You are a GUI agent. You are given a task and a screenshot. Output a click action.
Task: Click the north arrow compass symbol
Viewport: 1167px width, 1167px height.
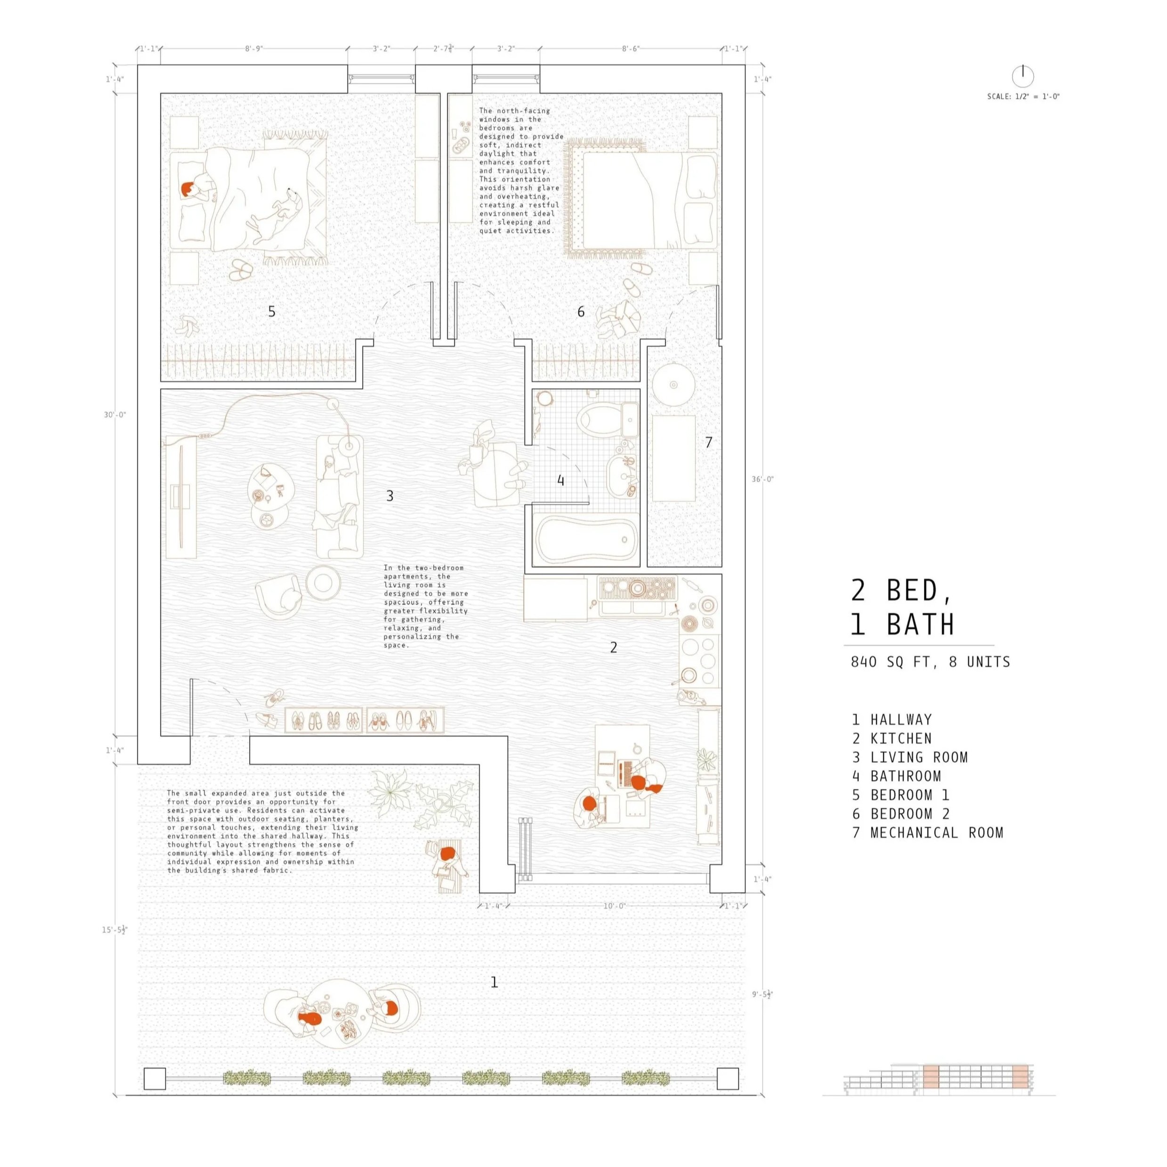click(1022, 76)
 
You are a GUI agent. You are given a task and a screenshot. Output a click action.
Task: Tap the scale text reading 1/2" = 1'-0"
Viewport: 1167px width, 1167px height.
click(1023, 97)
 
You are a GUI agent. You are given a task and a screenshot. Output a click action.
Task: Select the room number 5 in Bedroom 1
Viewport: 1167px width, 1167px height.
click(272, 311)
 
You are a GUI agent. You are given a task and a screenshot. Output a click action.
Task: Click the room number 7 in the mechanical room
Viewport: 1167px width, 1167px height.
click(708, 442)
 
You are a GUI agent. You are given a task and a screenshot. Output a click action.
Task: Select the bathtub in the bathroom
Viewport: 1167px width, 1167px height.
click(586, 539)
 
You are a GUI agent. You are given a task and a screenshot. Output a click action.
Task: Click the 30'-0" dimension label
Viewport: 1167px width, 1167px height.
click(115, 415)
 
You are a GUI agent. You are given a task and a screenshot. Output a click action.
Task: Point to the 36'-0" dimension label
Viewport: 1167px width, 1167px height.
click(762, 479)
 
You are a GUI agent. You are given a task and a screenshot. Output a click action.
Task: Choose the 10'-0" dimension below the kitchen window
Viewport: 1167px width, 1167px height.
click(614, 906)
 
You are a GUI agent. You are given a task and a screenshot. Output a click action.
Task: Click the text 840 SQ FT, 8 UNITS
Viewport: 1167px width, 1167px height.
click(930, 662)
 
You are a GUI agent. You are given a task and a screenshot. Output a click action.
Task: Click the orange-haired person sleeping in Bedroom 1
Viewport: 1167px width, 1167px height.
click(188, 189)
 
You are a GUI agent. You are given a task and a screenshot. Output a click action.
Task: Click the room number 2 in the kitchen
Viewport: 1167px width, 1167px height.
click(614, 648)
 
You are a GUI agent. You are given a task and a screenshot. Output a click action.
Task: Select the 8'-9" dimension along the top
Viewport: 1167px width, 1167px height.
click(254, 49)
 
